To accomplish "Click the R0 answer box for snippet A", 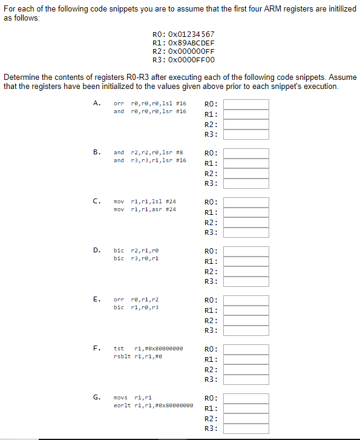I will click(x=246, y=104).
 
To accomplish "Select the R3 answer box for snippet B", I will click(x=246, y=183).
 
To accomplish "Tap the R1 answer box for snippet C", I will click(x=246, y=212).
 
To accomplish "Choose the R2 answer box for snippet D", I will click(x=246, y=271).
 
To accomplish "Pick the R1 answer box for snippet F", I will click(x=246, y=360).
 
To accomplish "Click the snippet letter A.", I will click(x=96, y=103).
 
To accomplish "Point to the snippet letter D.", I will click(x=96, y=250).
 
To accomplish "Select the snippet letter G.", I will click(x=96, y=397).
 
